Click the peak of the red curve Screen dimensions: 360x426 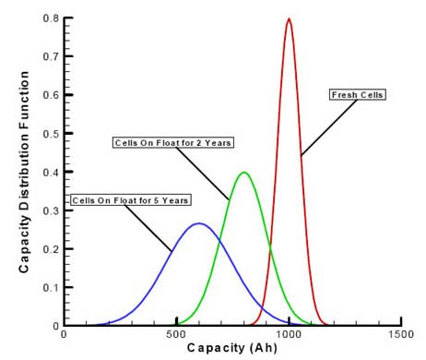(x=289, y=19)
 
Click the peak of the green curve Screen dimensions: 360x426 (x=243, y=173)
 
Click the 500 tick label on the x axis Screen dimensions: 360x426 (x=176, y=334)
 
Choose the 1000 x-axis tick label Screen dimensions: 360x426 (x=289, y=334)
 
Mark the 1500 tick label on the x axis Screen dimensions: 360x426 (x=401, y=334)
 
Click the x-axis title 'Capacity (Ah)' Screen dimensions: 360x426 (x=231, y=348)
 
